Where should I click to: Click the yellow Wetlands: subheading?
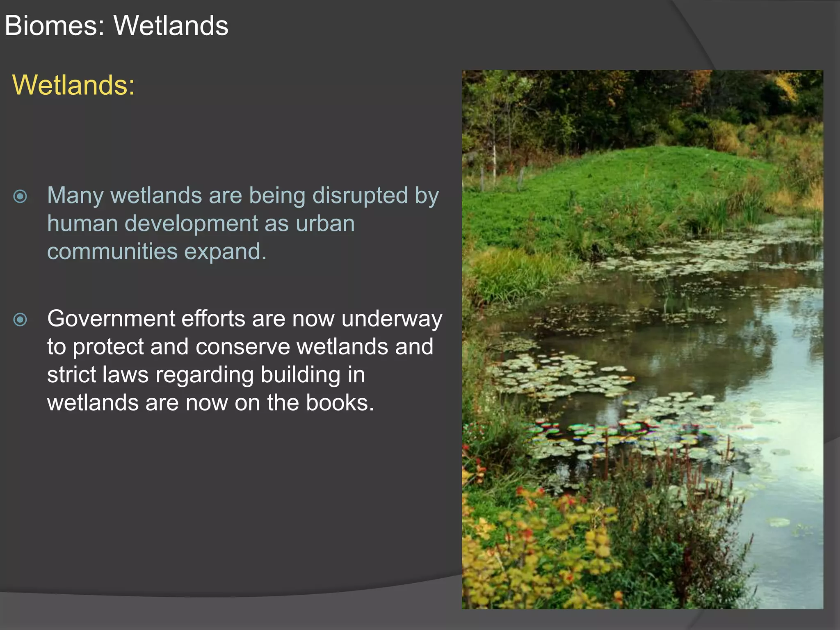[x=73, y=85]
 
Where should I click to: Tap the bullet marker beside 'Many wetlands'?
[x=20, y=196]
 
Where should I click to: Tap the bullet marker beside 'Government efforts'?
[x=20, y=320]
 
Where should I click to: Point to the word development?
[x=191, y=224]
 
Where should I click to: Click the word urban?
[x=325, y=224]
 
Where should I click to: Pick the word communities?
[x=112, y=251]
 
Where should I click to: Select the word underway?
[x=392, y=320]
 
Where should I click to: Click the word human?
[x=82, y=224]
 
